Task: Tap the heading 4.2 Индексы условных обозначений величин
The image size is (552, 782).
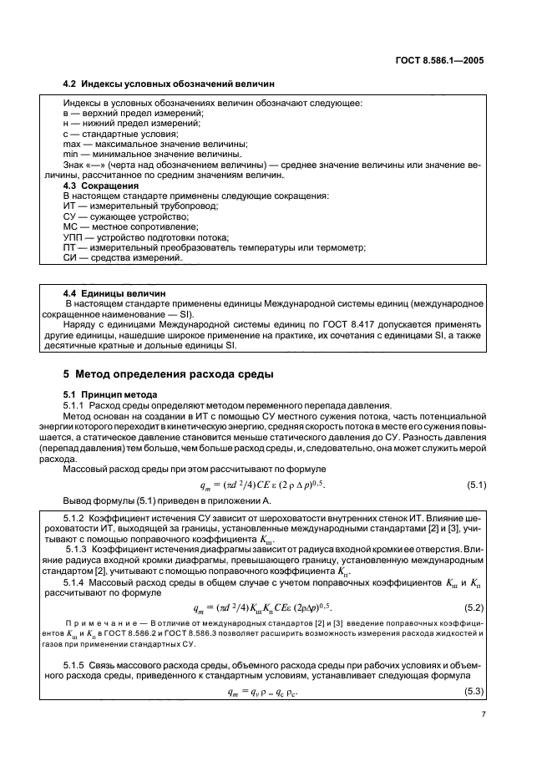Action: pos(168,84)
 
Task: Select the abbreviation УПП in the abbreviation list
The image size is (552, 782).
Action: pos(73,236)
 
